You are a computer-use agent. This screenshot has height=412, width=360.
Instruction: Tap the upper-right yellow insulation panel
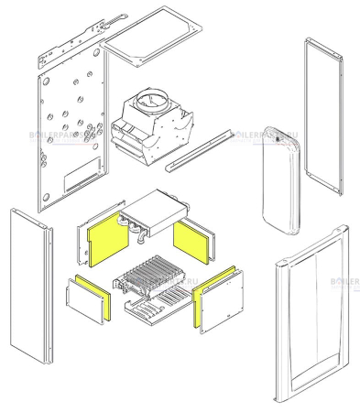(192, 241)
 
